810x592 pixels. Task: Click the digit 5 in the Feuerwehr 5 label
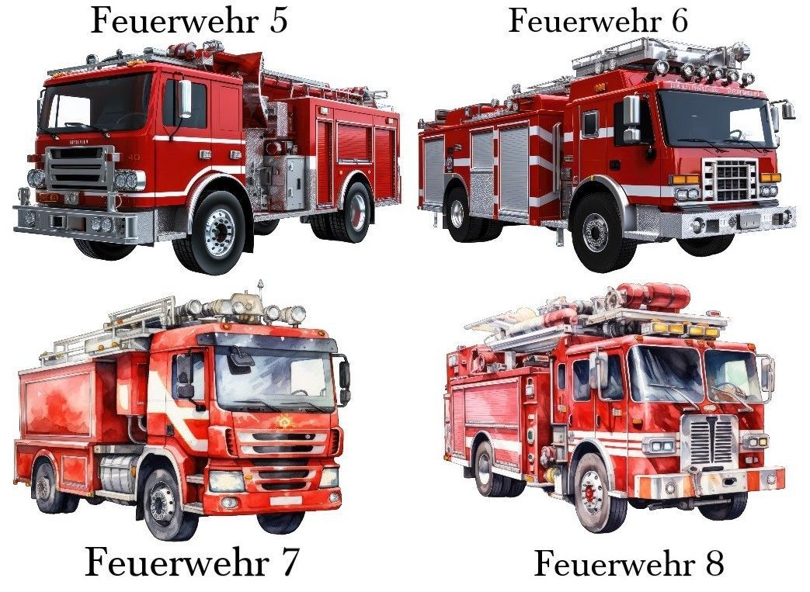point(279,22)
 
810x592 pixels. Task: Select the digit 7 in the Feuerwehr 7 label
point(288,563)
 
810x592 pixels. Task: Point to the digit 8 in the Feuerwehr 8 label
point(714,563)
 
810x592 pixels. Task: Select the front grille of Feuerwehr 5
point(79,167)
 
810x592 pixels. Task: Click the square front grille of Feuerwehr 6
point(729,179)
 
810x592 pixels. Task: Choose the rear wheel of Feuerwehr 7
point(47,487)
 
